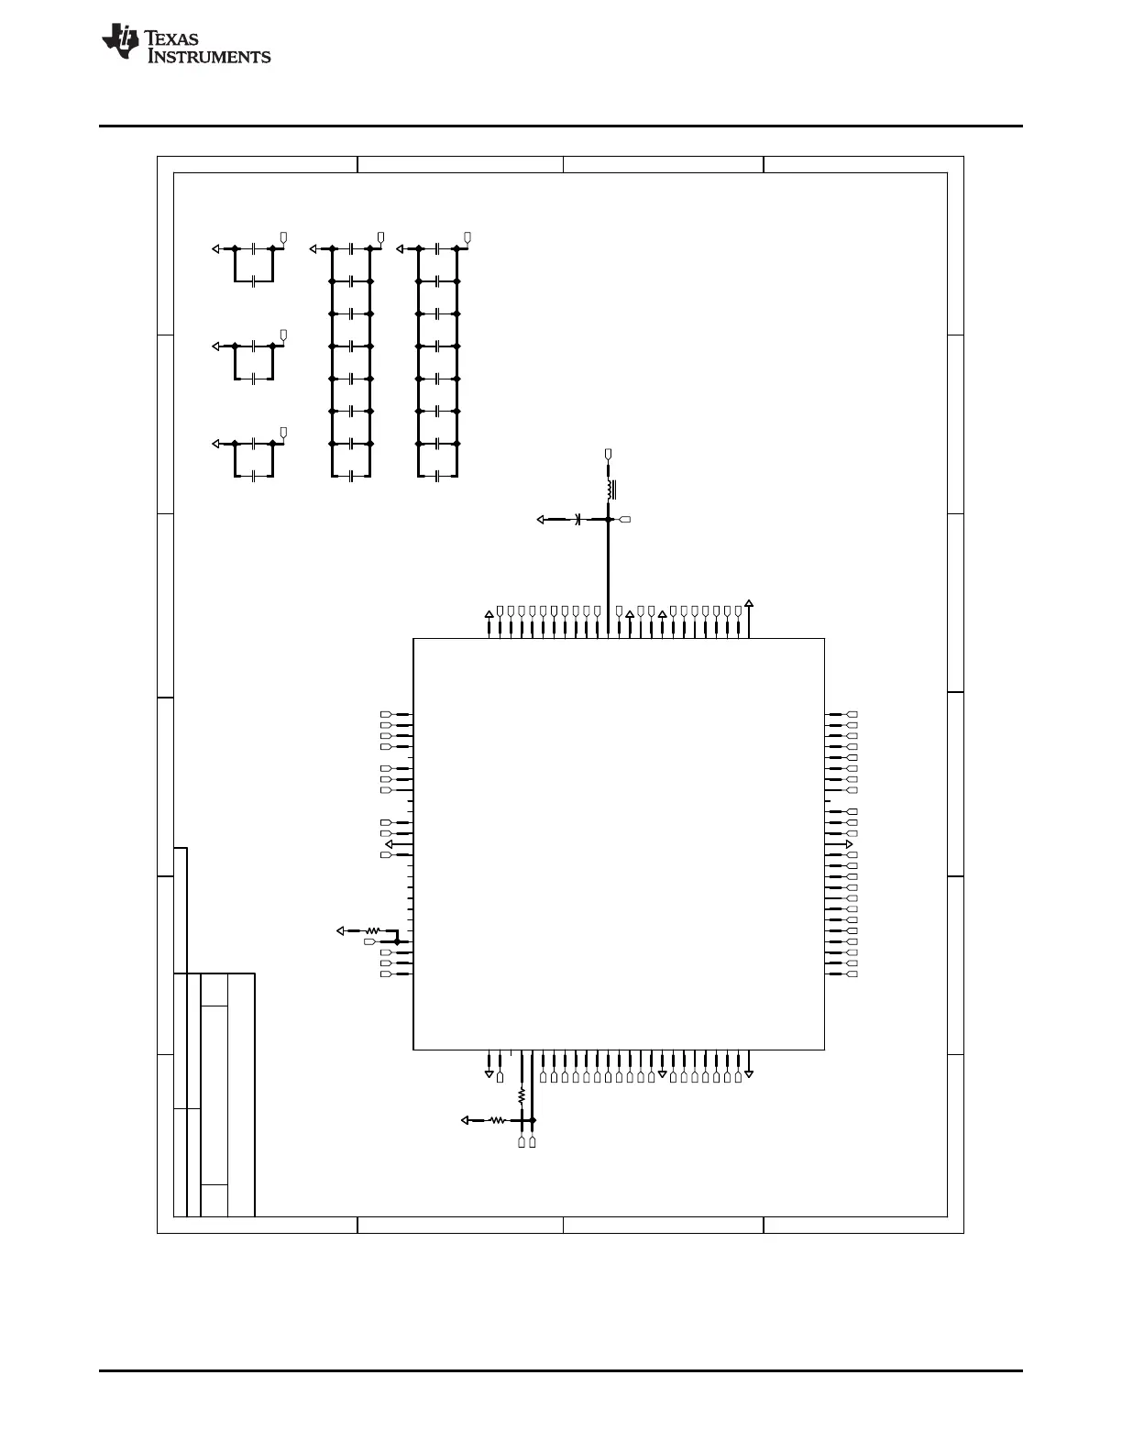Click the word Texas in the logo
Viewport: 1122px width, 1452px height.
[x=171, y=38]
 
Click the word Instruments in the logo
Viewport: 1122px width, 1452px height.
[x=209, y=56]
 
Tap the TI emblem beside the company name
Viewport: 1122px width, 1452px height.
[x=120, y=40]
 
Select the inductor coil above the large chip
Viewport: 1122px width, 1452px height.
[x=610, y=489]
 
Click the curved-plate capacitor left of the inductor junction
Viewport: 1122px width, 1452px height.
[x=577, y=519]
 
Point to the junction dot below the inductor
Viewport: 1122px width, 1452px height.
[x=608, y=519]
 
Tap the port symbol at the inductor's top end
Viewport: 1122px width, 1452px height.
[x=608, y=455]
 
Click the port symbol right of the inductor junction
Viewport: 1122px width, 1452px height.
[x=625, y=519]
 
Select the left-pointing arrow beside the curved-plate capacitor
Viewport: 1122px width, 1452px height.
[x=541, y=519]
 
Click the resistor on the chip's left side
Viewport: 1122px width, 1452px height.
[x=372, y=930]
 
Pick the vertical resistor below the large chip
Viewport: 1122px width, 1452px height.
[x=522, y=1095]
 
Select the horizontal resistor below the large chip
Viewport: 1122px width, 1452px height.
[x=498, y=1120]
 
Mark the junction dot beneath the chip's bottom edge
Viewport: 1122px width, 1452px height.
[x=533, y=1120]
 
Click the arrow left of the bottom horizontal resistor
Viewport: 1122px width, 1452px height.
[x=465, y=1120]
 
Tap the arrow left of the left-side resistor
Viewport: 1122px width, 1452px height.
[x=340, y=930]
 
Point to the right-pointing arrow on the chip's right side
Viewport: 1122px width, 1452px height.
[x=849, y=844]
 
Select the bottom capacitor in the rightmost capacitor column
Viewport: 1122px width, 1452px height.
[x=437, y=476]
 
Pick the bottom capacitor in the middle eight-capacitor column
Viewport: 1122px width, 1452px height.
[x=351, y=476]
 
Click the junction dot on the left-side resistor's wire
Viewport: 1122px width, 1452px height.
[x=397, y=941]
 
